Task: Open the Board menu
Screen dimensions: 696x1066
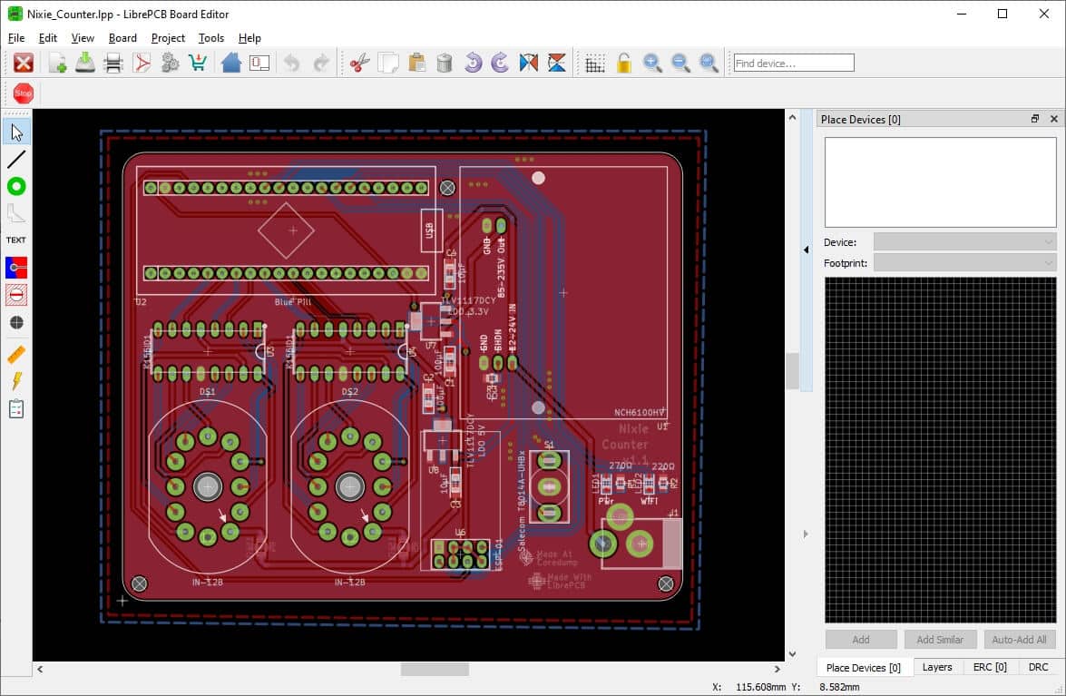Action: click(x=122, y=38)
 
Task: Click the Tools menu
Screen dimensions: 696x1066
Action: click(x=210, y=38)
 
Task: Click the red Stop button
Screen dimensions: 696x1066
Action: click(x=24, y=93)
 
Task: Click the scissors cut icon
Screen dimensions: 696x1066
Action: click(x=359, y=63)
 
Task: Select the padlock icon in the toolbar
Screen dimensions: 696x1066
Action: click(x=623, y=63)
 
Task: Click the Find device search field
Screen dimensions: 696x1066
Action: click(x=794, y=63)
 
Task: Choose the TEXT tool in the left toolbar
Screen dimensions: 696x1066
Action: click(x=16, y=240)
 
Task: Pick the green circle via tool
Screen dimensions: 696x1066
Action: click(x=16, y=186)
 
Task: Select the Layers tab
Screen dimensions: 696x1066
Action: click(x=937, y=667)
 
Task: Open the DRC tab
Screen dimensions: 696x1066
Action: click(x=1038, y=667)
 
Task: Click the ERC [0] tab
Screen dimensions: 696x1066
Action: click(x=990, y=667)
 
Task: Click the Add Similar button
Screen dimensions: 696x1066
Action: click(x=940, y=639)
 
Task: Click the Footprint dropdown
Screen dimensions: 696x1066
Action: click(x=964, y=263)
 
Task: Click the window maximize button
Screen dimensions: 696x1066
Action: click(x=1002, y=14)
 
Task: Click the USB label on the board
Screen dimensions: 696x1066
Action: click(x=429, y=230)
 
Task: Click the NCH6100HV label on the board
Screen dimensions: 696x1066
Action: click(x=641, y=413)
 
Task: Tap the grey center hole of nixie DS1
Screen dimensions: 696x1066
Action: click(x=208, y=486)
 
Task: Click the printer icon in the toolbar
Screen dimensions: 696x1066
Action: click(x=113, y=63)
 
